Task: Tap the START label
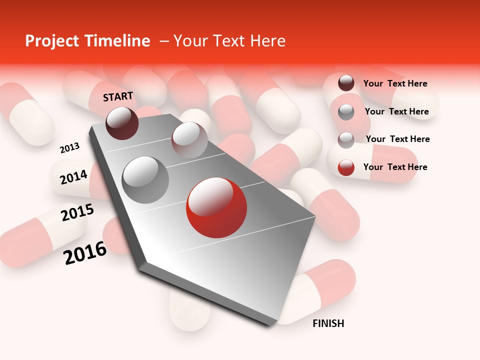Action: (118, 96)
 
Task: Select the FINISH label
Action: (328, 323)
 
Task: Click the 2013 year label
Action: (69, 148)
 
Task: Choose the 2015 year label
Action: (77, 212)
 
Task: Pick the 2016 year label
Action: (85, 252)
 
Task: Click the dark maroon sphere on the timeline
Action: (122, 123)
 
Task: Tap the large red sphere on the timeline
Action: (216, 207)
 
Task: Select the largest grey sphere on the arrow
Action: (145, 179)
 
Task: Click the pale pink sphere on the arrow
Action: (189, 140)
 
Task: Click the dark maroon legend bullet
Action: (346, 83)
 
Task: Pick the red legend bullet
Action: (346, 167)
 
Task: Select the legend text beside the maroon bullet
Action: (395, 83)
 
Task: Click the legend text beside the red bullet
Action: (395, 167)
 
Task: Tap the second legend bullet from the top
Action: (346, 112)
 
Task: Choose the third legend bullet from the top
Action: (346, 140)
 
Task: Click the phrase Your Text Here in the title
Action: (229, 41)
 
